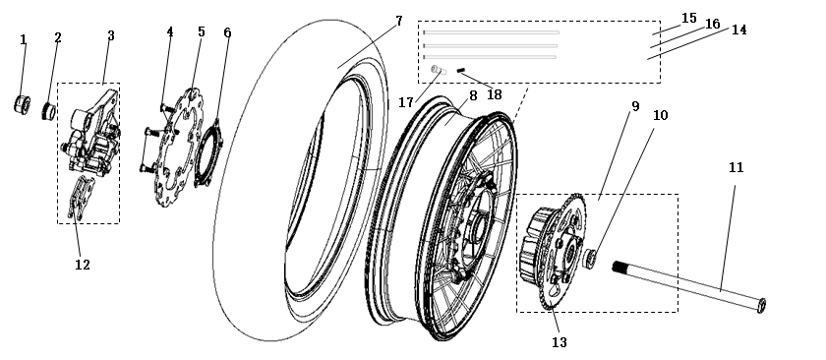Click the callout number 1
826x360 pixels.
(x=24, y=39)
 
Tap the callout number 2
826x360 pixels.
(x=58, y=37)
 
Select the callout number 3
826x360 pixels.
(x=111, y=35)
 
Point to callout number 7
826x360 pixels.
(x=400, y=20)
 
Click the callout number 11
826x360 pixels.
(x=735, y=166)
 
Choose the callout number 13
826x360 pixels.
(x=559, y=342)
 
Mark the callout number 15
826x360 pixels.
(x=688, y=18)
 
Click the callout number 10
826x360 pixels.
(x=660, y=115)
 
